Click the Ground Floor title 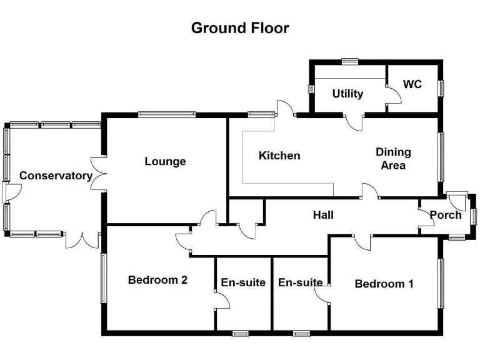click(x=240, y=28)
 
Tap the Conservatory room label click(x=56, y=176)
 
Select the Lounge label click(x=165, y=161)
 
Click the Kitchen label click(x=279, y=156)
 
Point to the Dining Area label click(x=393, y=159)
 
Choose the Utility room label click(x=347, y=94)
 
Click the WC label click(x=412, y=84)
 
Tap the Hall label click(x=323, y=215)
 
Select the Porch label click(x=446, y=215)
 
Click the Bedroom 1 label click(x=384, y=284)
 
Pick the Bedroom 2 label click(x=157, y=280)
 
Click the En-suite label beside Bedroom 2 click(x=243, y=282)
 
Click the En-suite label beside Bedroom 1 click(x=300, y=282)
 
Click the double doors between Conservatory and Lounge click(x=99, y=174)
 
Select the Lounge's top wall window click(x=167, y=114)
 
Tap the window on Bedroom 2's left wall click(x=103, y=279)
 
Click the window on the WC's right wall click(x=441, y=89)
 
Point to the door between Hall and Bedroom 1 click(x=362, y=242)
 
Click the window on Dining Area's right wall click(x=441, y=157)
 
